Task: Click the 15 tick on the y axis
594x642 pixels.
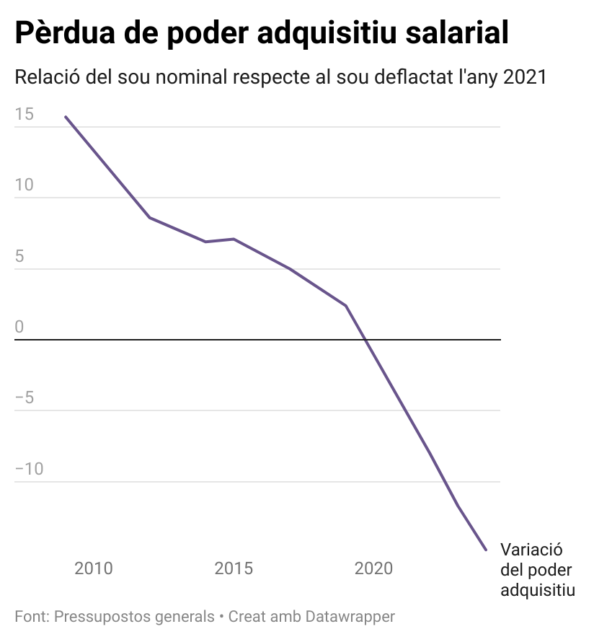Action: (x=24, y=114)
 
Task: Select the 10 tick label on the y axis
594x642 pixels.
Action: (x=24, y=185)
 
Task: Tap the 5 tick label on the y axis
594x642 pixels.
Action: (x=19, y=256)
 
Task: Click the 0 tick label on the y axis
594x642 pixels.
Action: (x=19, y=327)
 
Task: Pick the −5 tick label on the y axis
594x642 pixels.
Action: (x=25, y=398)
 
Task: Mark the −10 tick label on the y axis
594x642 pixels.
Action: (x=29, y=469)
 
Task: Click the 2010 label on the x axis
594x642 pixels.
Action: (x=94, y=568)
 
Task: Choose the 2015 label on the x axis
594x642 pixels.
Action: (x=234, y=568)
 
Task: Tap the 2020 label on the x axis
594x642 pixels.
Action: (x=374, y=568)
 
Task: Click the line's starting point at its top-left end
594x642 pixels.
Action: (x=66, y=117)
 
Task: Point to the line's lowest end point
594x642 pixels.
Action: (x=486, y=550)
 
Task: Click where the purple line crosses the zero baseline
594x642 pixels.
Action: (x=365, y=339)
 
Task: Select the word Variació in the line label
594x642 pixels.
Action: (x=531, y=549)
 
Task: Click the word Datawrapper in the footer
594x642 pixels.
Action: (x=350, y=617)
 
